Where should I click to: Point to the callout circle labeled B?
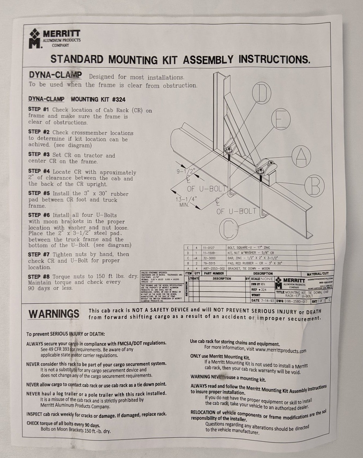[314, 186]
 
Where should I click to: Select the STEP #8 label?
[39, 276]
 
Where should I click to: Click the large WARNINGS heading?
[54, 314]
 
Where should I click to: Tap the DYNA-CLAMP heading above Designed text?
[55, 75]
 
